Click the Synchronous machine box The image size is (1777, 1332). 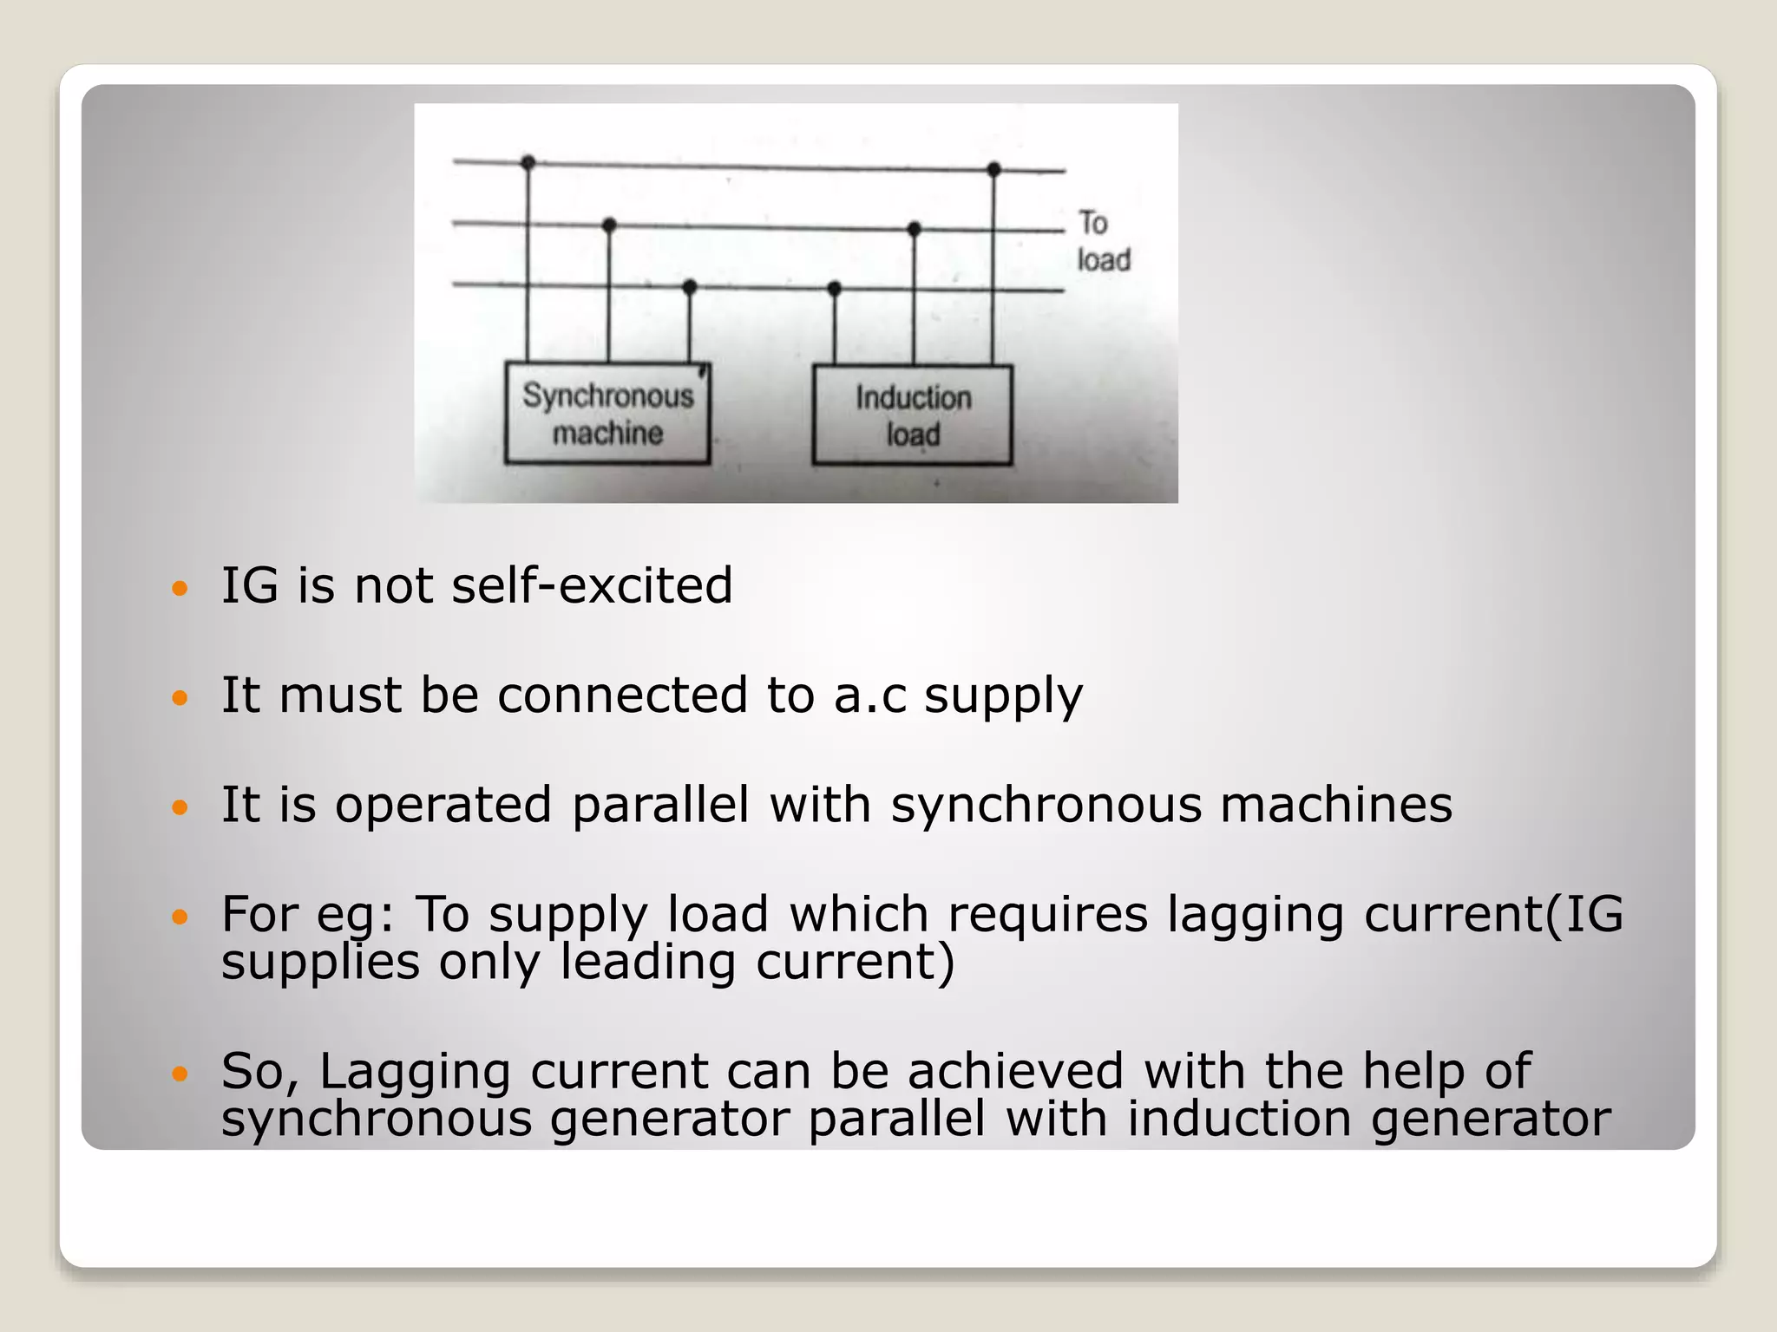607,414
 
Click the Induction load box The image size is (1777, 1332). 912,415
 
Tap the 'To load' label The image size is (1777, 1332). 1103,242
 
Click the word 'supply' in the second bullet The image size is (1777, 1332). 1003,696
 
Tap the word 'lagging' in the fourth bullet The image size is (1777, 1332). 1255,915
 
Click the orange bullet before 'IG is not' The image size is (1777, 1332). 180,589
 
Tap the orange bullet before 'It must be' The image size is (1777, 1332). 180,698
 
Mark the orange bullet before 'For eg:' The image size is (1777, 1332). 180,917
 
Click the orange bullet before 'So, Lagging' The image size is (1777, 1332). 180,1074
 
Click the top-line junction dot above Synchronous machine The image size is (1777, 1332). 528,162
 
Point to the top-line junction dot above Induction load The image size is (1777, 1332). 994,169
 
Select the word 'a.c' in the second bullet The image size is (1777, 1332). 869,695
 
